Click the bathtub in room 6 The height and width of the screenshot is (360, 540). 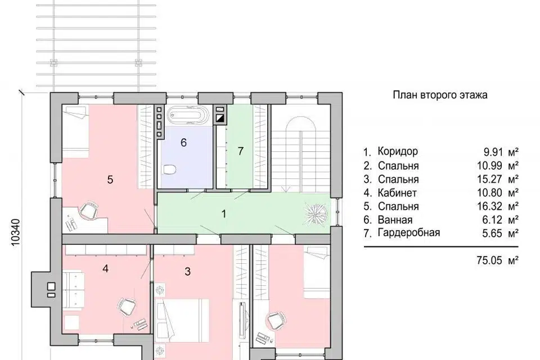click(x=188, y=115)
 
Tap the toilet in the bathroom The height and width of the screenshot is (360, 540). click(x=169, y=169)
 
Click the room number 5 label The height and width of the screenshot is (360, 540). click(x=110, y=179)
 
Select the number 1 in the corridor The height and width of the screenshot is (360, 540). click(x=224, y=214)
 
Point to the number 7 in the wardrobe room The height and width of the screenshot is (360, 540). click(x=241, y=151)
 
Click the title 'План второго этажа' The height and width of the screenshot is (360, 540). click(x=440, y=94)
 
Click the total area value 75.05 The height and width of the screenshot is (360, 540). click(x=489, y=260)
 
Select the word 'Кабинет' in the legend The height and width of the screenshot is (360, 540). click(x=397, y=192)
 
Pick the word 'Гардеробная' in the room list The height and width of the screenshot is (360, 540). click(x=409, y=232)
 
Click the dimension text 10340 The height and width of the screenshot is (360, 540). click(x=16, y=233)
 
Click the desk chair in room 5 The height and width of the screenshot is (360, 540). click(x=89, y=210)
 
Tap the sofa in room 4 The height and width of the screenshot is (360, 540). click(x=73, y=289)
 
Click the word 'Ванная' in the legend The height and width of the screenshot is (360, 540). click(x=395, y=219)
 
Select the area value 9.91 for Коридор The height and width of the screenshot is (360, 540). click(x=493, y=151)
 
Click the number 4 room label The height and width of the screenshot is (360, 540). click(x=105, y=268)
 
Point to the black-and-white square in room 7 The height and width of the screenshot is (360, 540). click(x=220, y=119)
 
